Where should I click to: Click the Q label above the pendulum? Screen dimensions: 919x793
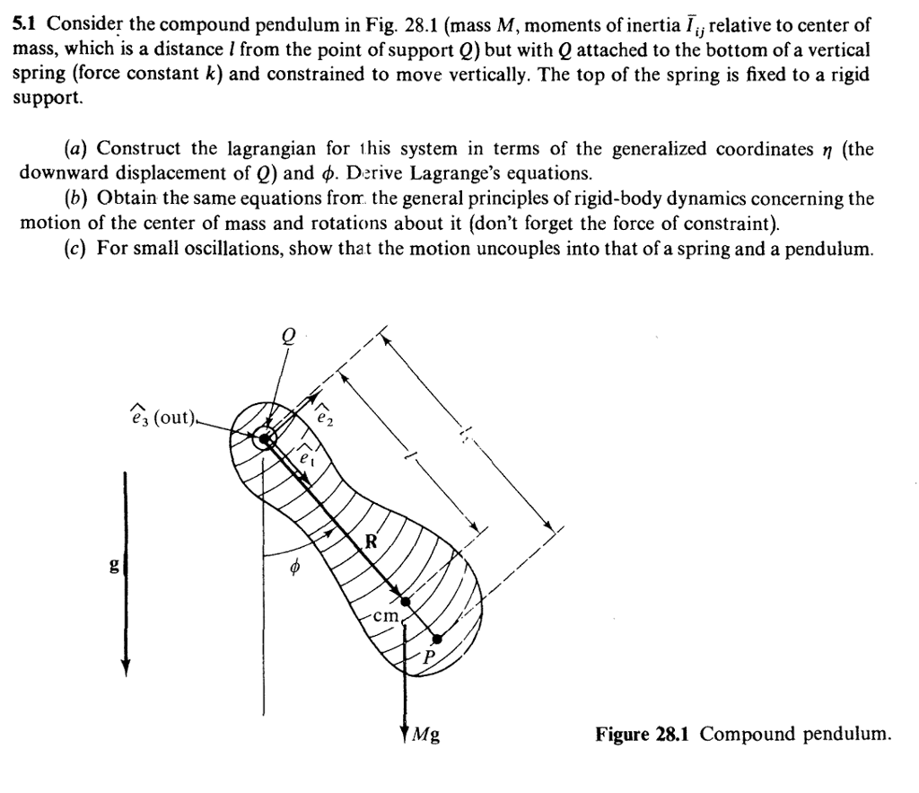click(x=289, y=334)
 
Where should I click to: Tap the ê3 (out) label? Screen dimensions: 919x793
click(x=161, y=419)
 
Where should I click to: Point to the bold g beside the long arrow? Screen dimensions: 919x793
click(x=112, y=568)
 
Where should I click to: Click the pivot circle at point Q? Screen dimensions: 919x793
click(x=265, y=439)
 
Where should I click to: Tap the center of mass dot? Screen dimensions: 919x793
click(x=406, y=601)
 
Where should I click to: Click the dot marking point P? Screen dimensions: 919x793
click(x=436, y=639)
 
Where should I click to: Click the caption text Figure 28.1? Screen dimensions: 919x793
click(x=645, y=735)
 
